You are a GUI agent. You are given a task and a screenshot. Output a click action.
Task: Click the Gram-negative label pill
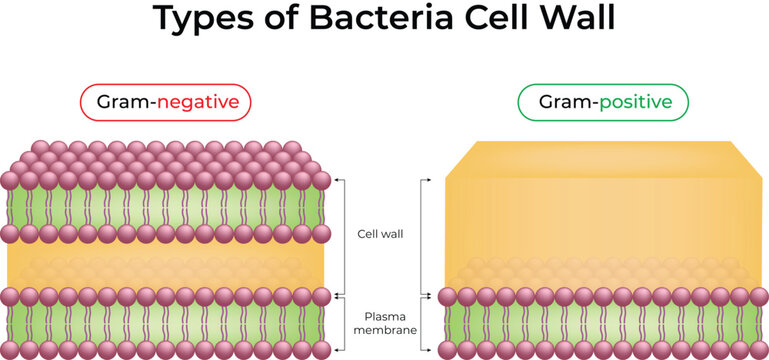(x=165, y=102)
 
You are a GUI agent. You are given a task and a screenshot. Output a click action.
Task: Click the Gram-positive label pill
(x=603, y=102)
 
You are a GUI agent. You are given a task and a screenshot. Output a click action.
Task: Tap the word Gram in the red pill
(x=121, y=102)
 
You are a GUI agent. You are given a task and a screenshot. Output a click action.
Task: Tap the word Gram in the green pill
(x=561, y=102)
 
